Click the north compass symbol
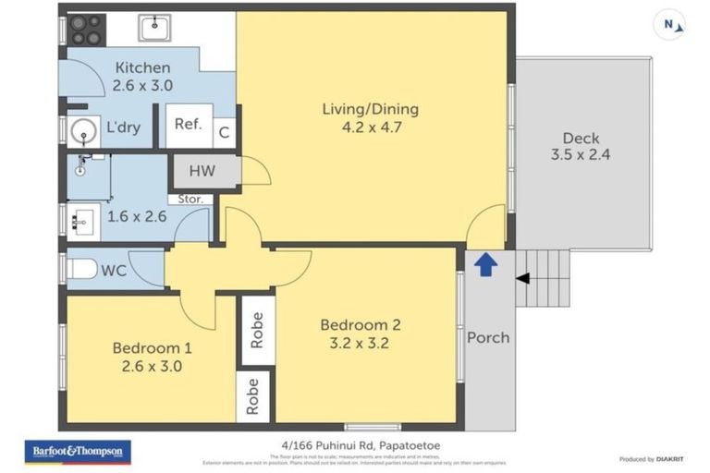(x=670, y=25)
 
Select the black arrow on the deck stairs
(x=522, y=278)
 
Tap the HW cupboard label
(x=202, y=171)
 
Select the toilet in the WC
(x=83, y=270)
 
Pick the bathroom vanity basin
(x=80, y=222)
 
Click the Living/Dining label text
(x=370, y=109)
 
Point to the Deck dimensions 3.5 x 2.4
(x=580, y=155)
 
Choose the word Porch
(x=487, y=337)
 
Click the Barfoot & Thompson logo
(x=78, y=452)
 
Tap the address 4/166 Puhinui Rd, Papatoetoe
(x=361, y=444)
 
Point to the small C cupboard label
(x=223, y=133)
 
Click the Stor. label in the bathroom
(x=190, y=199)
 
